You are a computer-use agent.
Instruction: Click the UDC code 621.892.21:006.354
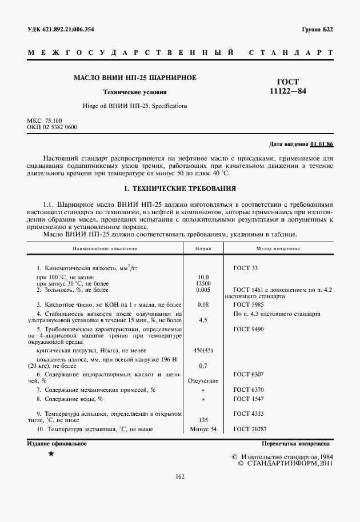(69, 29)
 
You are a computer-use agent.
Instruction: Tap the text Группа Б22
(317, 29)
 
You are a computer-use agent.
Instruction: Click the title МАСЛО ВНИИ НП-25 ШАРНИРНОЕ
(135, 77)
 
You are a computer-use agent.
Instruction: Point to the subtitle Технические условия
(135, 92)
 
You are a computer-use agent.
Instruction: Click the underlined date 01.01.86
(322, 144)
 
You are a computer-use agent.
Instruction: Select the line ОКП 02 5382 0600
(52, 127)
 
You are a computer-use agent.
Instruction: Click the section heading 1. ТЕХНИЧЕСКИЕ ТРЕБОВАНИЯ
(180, 188)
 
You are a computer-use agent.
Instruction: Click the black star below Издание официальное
(51, 453)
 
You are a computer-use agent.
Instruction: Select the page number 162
(180, 476)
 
